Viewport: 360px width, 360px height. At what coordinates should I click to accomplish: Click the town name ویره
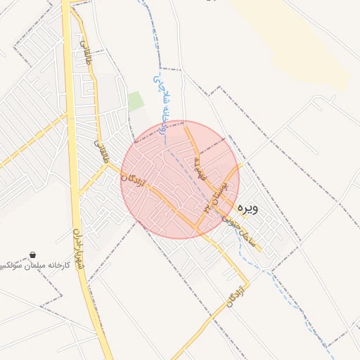[x=250, y=208]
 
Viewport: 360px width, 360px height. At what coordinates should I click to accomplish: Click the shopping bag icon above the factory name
[x=33, y=255]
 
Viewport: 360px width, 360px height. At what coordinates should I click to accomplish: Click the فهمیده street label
[x=198, y=167]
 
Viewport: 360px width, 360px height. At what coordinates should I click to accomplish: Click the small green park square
[x=136, y=101]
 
